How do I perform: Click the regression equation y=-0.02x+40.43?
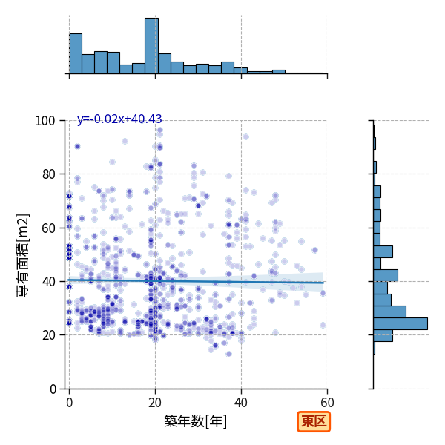[x=119, y=119]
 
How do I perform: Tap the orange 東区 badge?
[x=314, y=422]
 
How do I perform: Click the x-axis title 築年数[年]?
[x=196, y=421]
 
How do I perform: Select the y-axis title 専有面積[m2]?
[x=23, y=255]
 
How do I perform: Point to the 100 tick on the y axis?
[x=44, y=121]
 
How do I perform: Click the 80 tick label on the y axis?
[x=48, y=174]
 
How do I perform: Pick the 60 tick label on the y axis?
[x=48, y=228]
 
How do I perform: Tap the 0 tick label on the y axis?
[x=53, y=389]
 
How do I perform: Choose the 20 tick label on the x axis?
[x=155, y=403]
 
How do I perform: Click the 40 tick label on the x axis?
[x=241, y=403]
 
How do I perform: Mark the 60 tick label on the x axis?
[x=327, y=403]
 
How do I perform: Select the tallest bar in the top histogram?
[x=151, y=46]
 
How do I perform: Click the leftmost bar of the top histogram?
[x=76, y=53]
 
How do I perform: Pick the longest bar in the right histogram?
[x=400, y=324]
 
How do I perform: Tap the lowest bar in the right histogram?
[x=375, y=348]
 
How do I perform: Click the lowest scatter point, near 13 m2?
[x=228, y=354]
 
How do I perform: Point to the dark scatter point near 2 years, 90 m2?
[x=77, y=146]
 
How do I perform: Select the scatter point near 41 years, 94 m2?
[x=245, y=136]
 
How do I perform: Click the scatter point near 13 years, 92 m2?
[x=125, y=142]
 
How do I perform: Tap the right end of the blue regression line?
[x=323, y=283]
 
